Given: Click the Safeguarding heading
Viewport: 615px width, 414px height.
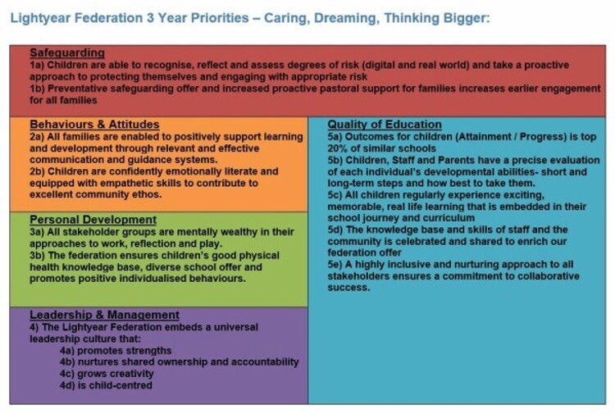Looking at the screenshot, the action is click(67, 52).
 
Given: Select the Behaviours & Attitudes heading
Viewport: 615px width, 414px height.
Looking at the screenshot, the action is click(94, 125).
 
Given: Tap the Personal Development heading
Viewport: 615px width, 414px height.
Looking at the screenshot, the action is click(93, 220).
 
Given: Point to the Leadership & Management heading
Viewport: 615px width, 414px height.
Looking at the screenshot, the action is click(104, 315).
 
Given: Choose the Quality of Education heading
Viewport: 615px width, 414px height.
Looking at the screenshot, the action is click(385, 125).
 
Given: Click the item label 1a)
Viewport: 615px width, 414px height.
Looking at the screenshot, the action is click(37, 65).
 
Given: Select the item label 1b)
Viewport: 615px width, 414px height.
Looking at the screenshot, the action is click(37, 89).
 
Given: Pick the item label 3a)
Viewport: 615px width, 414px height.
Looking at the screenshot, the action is click(37, 232).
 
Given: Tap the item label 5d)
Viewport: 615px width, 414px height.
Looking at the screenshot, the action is click(335, 230).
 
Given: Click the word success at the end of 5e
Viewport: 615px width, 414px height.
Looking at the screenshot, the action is click(348, 288).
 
